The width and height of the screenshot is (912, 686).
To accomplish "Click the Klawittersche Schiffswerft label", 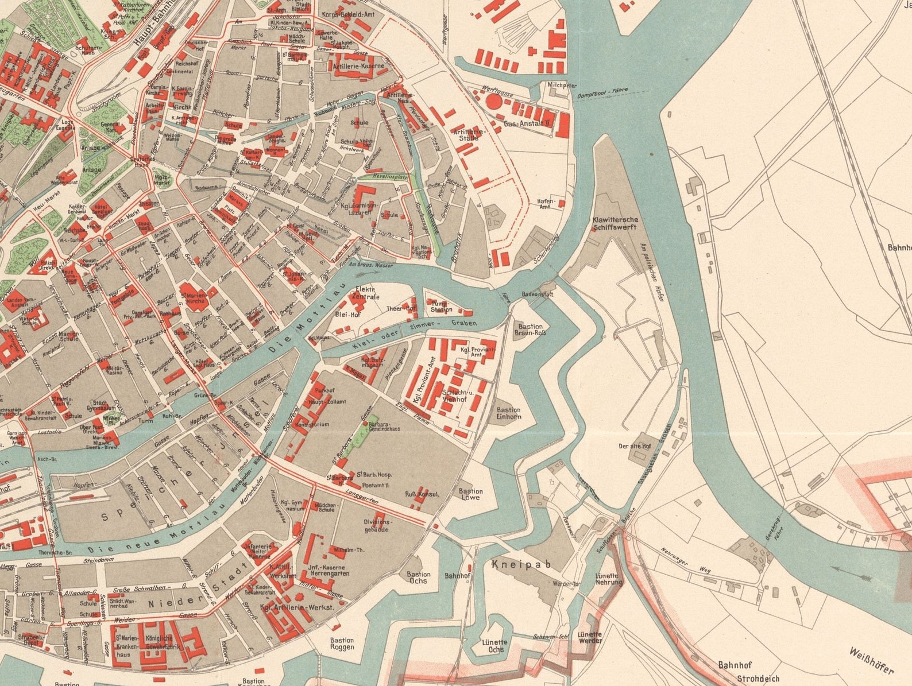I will coord(615,223).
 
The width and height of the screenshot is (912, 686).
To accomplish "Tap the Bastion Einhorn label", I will coord(509,413).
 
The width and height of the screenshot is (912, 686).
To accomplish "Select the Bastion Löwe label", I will coord(470,494).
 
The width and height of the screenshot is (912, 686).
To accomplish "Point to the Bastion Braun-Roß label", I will coord(529,330).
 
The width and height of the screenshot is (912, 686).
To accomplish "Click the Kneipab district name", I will coord(521,564).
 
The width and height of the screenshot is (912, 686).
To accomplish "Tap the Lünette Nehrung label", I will coord(608,579).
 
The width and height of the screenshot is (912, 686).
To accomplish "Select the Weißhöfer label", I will coord(871,661).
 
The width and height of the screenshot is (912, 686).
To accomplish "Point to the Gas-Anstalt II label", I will coord(527,123).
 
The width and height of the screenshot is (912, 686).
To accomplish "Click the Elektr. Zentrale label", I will coord(367,293).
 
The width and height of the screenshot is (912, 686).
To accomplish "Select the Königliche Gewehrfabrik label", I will coord(158,642).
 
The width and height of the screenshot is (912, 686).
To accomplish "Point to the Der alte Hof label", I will coord(635,446).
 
